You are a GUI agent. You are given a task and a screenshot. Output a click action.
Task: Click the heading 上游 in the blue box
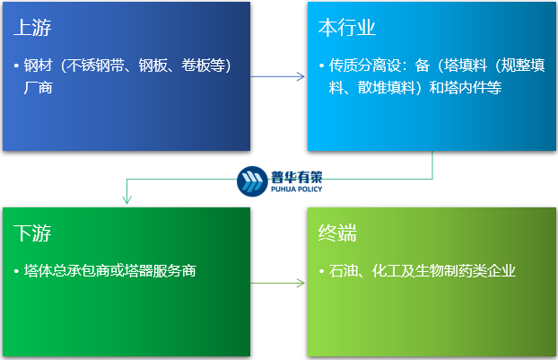[x=33, y=27]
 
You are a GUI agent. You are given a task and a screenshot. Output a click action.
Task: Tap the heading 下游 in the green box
[x=33, y=234]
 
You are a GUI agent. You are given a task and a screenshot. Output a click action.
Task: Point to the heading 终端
[x=338, y=234]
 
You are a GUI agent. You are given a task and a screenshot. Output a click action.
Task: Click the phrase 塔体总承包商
[x=67, y=270]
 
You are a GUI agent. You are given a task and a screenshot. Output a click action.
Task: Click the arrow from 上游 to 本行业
[x=277, y=76]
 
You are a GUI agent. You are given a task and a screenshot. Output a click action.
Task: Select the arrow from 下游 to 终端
[x=277, y=284]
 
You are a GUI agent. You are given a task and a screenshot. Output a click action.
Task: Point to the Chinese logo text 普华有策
[x=295, y=176]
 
